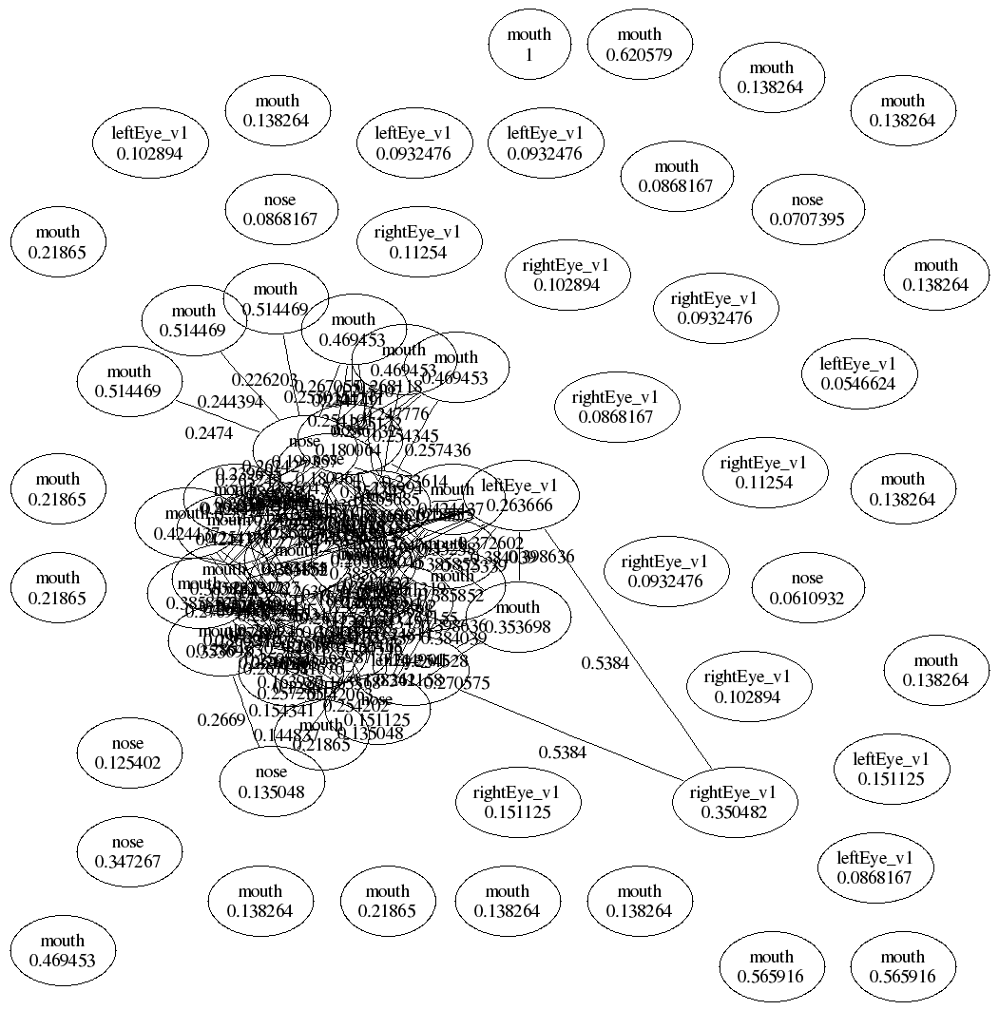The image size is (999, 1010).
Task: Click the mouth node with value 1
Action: click(x=529, y=45)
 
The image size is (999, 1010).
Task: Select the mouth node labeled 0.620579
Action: click(x=638, y=45)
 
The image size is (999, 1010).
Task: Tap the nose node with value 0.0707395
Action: click(x=807, y=210)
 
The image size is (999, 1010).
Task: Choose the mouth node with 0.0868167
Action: click(x=676, y=177)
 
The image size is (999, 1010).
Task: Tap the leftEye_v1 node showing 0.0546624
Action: click(x=857, y=373)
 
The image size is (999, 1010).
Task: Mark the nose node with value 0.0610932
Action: click(x=807, y=588)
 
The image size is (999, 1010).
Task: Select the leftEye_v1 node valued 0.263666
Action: click(x=519, y=495)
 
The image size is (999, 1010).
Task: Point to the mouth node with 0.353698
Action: click(x=517, y=617)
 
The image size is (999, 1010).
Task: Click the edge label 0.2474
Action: click(x=205, y=432)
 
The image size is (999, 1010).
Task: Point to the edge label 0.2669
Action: click(x=221, y=719)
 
